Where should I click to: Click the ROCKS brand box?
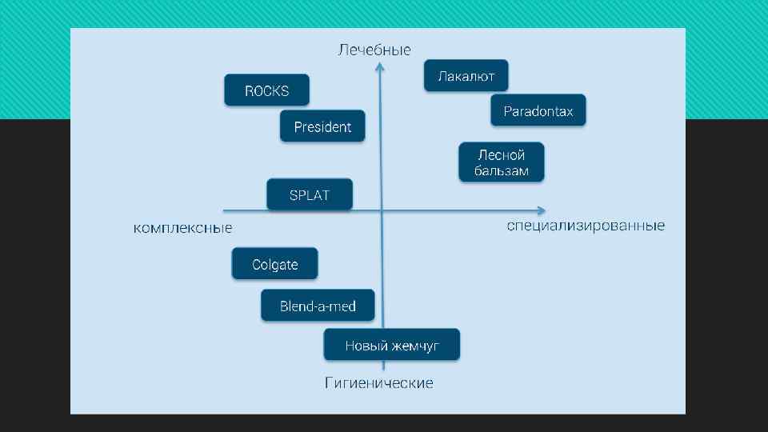pyautogui.click(x=266, y=90)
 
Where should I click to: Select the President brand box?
pyautogui.click(x=322, y=126)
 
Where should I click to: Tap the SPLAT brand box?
pyautogui.click(x=309, y=195)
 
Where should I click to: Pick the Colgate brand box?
pyautogui.click(x=274, y=264)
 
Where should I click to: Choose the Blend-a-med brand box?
pyautogui.click(x=318, y=306)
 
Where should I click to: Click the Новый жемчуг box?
pyautogui.click(x=392, y=346)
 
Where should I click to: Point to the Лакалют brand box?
pyautogui.click(x=466, y=76)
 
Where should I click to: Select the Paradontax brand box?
pyautogui.click(x=538, y=111)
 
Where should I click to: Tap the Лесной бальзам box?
pyautogui.click(x=502, y=162)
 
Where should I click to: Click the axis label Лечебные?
pyautogui.click(x=374, y=50)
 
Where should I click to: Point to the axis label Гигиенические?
pyautogui.click(x=379, y=383)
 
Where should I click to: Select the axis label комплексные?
pyautogui.click(x=182, y=229)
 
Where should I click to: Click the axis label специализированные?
pyautogui.click(x=586, y=226)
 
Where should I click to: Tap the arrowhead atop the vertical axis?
pyautogui.click(x=380, y=67)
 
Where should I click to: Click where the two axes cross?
pyautogui.click(x=382, y=211)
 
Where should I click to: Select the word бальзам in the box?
pyautogui.click(x=502, y=171)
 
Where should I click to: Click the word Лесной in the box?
pyautogui.click(x=502, y=155)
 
